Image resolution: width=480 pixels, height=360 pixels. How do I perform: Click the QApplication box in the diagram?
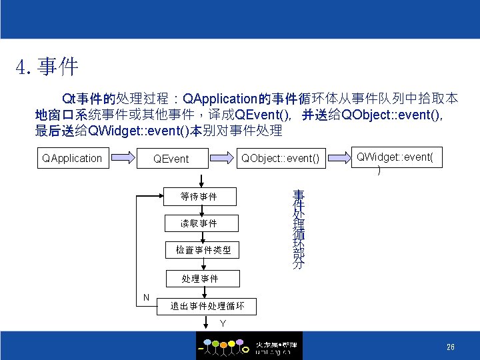click(x=72, y=158)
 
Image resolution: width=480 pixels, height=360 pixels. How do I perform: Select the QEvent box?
click(x=171, y=159)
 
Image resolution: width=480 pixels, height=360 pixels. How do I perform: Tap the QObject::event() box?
click(x=280, y=158)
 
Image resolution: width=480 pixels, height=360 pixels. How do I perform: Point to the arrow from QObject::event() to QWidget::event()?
click(x=338, y=159)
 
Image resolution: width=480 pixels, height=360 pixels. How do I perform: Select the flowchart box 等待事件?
click(x=199, y=197)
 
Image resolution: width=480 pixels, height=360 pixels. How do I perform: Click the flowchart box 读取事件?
click(x=199, y=223)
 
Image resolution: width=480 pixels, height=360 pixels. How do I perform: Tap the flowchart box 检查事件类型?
click(x=199, y=250)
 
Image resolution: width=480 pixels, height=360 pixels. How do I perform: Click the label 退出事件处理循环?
click(x=207, y=307)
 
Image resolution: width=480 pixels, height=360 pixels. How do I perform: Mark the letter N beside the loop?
click(x=145, y=297)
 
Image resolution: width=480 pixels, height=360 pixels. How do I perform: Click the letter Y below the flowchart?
click(x=223, y=323)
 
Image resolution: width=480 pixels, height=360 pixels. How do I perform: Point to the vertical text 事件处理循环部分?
click(x=298, y=229)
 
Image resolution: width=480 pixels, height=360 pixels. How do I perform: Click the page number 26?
click(x=451, y=347)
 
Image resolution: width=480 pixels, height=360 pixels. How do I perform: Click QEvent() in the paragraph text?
click(x=261, y=115)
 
